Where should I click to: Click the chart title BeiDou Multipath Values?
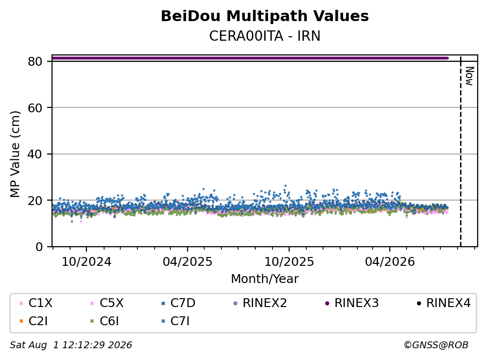(265, 16)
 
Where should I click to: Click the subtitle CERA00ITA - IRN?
(265, 36)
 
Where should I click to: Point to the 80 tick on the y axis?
(35, 61)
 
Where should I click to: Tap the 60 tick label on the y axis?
(35, 108)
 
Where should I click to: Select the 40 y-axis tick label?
(35, 154)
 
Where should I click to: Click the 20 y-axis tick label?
(35, 201)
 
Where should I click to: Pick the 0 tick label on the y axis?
(39, 247)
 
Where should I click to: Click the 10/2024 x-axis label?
(86, 261)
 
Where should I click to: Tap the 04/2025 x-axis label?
(188, 261)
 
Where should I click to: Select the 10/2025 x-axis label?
(289, 261)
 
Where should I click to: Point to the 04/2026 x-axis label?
(390, 261)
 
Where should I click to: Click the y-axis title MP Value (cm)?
(15, 154)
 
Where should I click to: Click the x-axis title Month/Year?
(265, 279)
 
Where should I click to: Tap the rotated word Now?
(469, 76)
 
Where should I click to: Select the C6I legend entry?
(105, 321)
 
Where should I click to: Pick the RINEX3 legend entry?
(352, 303)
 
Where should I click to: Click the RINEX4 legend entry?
(443, 303)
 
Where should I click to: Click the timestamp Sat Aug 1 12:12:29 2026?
(71, 345)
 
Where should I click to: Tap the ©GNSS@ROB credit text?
(436, 345)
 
